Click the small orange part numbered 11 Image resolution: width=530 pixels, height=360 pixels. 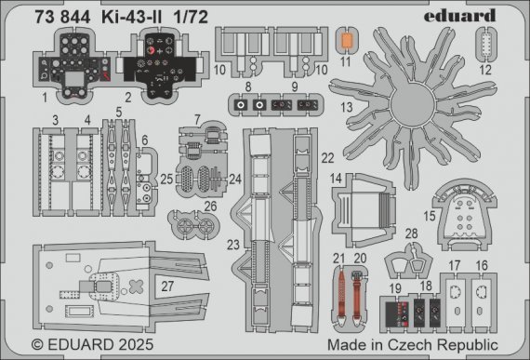[346, 41]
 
